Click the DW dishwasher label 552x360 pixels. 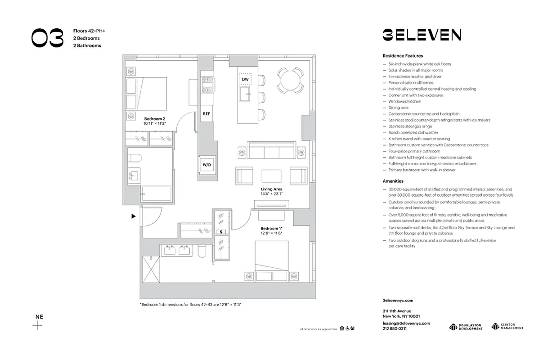pos(245,80)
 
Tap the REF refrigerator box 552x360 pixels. pos(206,113)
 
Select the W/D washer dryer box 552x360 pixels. pos(206,165)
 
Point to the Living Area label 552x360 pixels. pos(272,189)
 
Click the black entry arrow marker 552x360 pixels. pos(133,216)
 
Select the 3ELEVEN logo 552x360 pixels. pos(422,35)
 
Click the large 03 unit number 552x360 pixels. pos(47,38)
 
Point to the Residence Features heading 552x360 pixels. pos(403,56)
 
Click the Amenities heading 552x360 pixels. pos(393,181)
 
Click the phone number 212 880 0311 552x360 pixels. pos(395,328)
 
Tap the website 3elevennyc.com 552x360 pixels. pos(398,300)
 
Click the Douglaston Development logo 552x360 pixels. pos(466,327)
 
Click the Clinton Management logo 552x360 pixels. pos(507,326)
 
